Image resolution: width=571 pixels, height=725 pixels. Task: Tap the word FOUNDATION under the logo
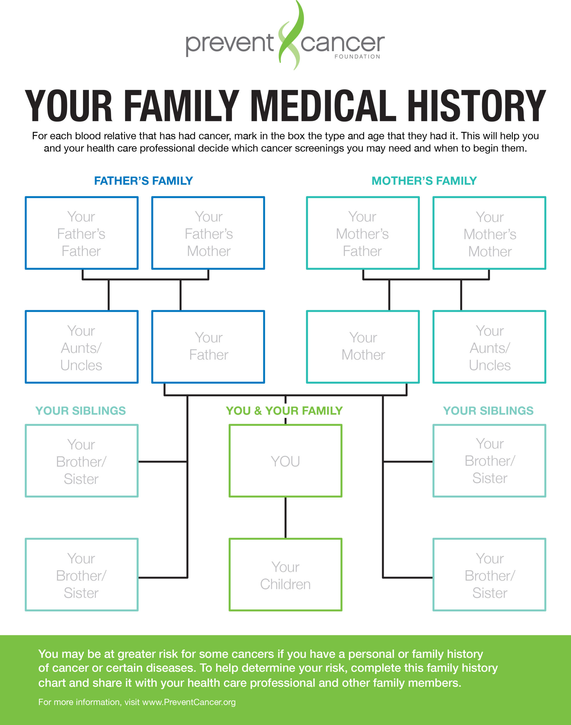click(357, 57)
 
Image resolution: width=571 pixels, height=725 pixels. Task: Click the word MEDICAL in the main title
click(324, 106)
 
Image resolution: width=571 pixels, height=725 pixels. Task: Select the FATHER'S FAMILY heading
click(143, 181)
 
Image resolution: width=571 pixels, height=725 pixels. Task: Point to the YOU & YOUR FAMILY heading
click(284, 411)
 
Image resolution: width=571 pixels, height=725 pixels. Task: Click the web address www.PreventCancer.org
click(189, 702)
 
